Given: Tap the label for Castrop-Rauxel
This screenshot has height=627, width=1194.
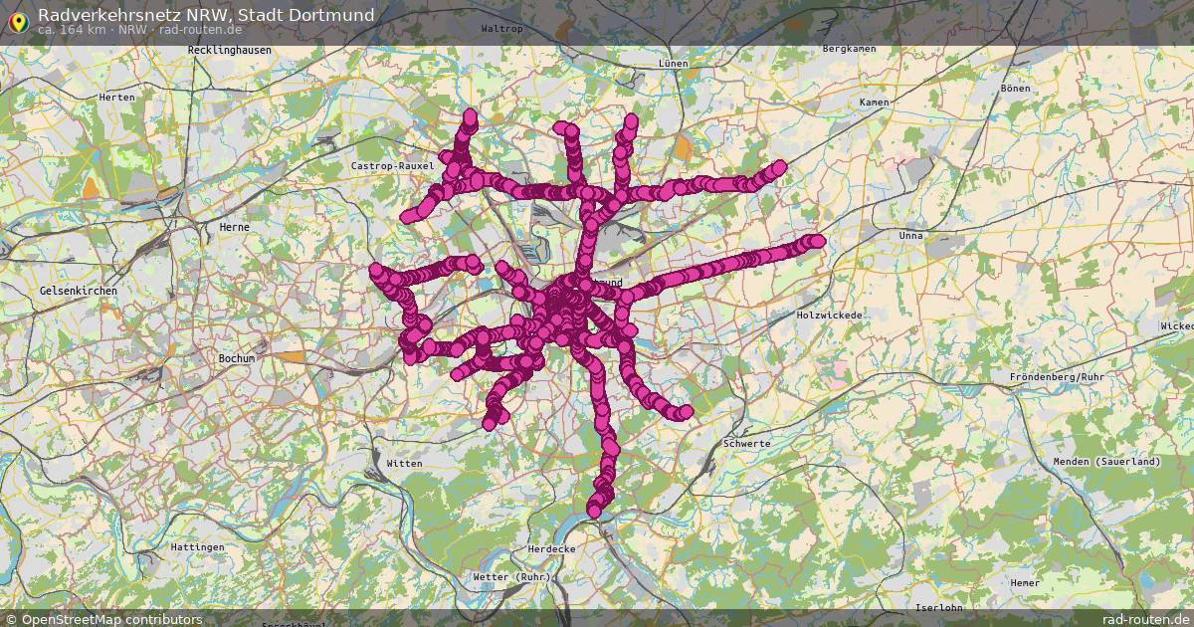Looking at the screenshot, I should click(393, 165).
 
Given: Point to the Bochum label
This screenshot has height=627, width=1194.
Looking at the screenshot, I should click(237, 357).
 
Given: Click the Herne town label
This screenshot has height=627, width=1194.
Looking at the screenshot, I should click(234, 227).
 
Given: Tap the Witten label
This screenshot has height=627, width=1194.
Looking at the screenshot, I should click(405, 463).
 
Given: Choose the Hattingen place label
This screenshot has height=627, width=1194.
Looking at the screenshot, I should click(197, 547).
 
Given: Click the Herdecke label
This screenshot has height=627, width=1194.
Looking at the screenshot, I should click(551, 549).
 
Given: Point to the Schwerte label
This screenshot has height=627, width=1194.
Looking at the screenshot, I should click(747, 443).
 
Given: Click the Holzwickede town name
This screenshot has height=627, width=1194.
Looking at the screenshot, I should click(830, 314).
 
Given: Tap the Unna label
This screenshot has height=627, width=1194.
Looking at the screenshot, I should click(910, 236).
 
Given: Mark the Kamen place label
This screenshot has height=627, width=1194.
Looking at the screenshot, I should click(875, 103).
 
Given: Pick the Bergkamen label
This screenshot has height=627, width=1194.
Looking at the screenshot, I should click(849, 49).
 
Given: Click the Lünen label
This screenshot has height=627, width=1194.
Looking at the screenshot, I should click(673, 63).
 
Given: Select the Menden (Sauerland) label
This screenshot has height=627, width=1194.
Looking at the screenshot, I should click(1107, 462).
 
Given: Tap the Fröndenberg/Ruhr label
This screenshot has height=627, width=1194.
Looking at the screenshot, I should click(1057, 377).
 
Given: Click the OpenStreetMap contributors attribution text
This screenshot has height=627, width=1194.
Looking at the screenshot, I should click(111, 619).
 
